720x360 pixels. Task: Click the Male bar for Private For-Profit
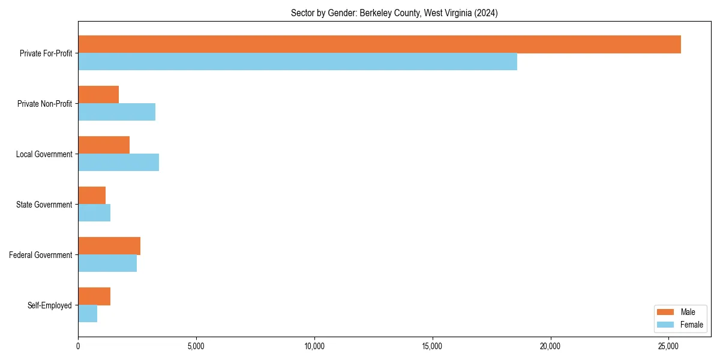379,44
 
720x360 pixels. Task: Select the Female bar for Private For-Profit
298,62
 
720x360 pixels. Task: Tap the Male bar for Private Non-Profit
98,95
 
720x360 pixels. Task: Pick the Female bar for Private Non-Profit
116,112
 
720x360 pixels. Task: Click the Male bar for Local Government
104,145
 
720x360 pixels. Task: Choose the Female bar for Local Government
118,163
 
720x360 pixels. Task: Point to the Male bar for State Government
92,196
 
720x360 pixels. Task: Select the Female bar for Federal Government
107,263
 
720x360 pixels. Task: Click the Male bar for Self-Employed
94,296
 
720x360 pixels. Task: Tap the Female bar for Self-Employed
88,314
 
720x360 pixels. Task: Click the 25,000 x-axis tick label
668,346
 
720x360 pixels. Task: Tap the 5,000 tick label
196,346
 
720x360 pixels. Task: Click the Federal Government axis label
41,255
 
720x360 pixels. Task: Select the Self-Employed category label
50,305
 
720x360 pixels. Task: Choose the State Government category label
44,205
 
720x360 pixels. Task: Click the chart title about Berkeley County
394,13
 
